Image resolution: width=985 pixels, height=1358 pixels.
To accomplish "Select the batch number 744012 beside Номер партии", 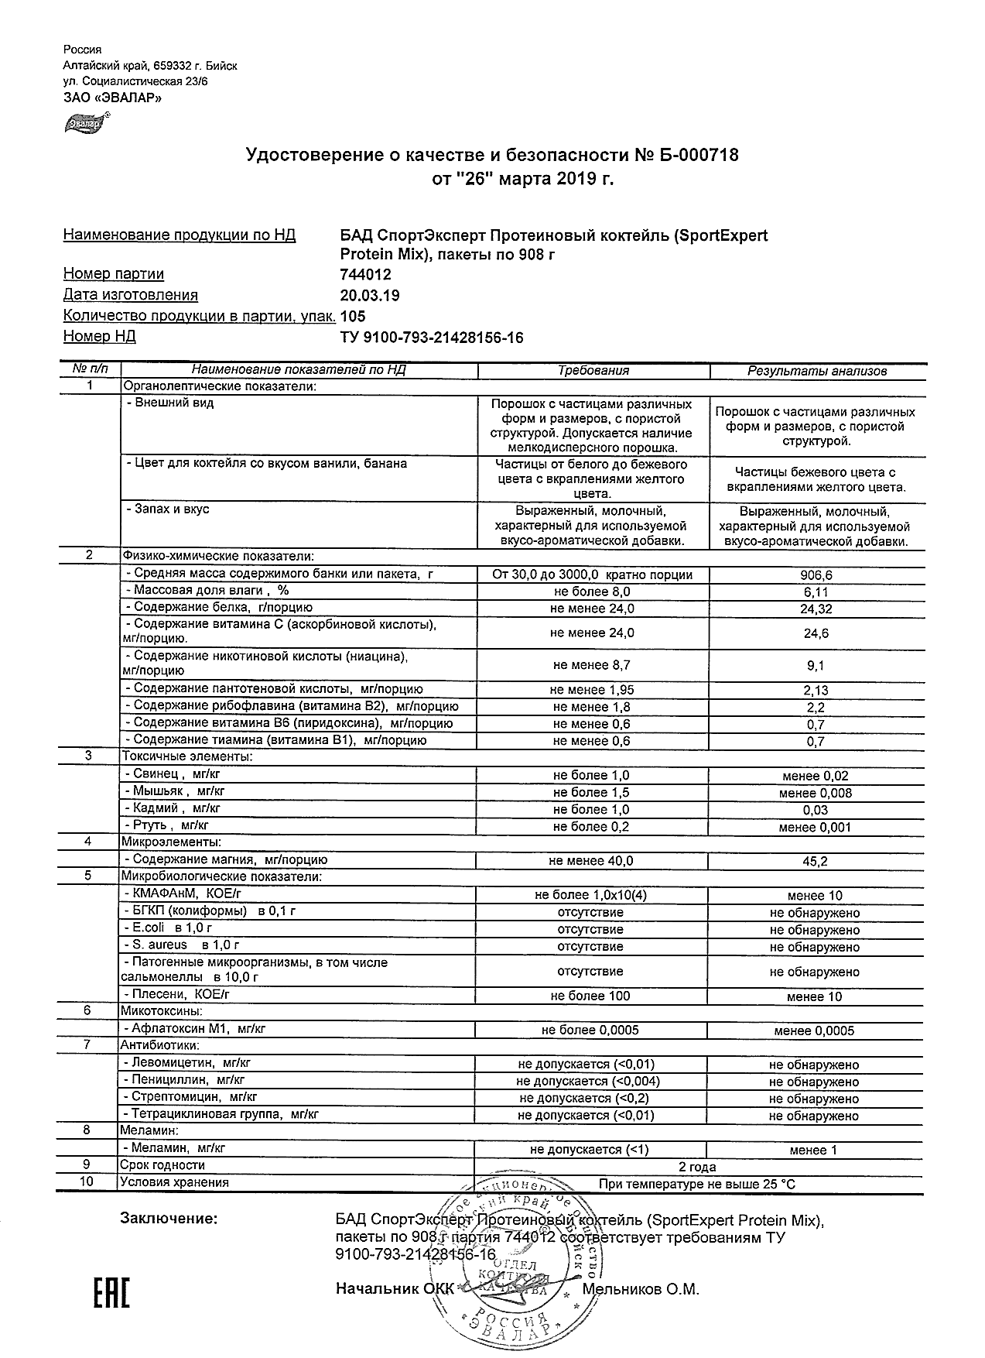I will (366, 275).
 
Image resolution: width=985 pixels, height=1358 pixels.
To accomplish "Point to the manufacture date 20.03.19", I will (370, 296).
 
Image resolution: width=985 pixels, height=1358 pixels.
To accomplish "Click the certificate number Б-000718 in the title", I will (699, 156).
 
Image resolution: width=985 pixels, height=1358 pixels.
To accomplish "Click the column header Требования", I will (593, 371).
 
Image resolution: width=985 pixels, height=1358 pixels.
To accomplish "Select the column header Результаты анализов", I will (816, 371).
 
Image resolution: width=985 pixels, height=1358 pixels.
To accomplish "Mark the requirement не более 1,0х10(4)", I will (590, 895).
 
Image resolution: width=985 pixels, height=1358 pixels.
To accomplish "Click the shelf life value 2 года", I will (697, 1167).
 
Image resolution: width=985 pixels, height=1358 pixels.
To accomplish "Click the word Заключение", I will (169, 1219).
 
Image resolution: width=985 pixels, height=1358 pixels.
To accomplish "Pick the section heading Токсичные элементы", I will (186, 756).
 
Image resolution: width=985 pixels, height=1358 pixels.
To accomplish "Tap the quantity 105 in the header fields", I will (353, 317).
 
